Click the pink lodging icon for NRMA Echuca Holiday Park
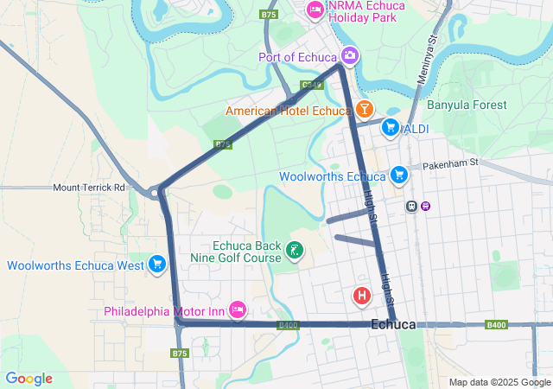(315, 10)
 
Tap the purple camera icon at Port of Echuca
(349, 56)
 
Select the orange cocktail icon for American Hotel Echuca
(364, 109)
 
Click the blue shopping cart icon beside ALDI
(391, 128)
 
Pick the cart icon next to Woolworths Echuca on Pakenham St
(398, 175)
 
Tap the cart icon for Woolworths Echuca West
(157, 264)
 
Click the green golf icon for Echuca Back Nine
(296, 251)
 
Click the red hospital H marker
(362, 297)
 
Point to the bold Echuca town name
(392, 324)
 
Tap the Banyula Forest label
(467, 105)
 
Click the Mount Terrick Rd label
(89, 187)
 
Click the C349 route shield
(312, 85)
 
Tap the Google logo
(29, 379)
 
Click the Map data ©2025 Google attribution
(499, 382)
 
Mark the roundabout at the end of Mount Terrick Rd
(160, 192)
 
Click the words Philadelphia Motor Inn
(164, 310)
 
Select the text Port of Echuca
(297, 57)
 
